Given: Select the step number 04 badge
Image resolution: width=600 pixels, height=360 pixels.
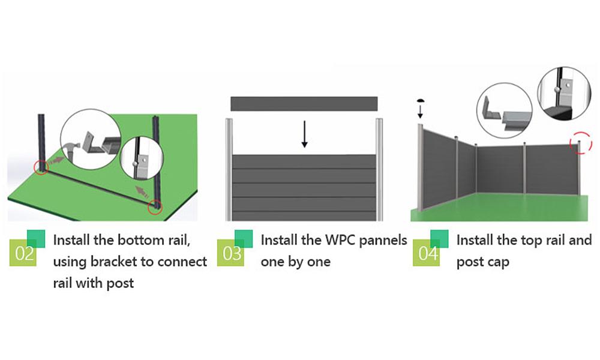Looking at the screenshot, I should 428,253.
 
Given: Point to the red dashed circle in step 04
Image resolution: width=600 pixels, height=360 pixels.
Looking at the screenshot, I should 580,142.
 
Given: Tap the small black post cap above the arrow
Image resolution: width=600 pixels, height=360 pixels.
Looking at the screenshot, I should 420,101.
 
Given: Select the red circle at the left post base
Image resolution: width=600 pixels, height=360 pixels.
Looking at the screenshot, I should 41,167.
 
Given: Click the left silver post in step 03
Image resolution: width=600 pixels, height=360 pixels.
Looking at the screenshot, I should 228,169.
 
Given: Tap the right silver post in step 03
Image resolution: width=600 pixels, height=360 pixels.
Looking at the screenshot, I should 380,169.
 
